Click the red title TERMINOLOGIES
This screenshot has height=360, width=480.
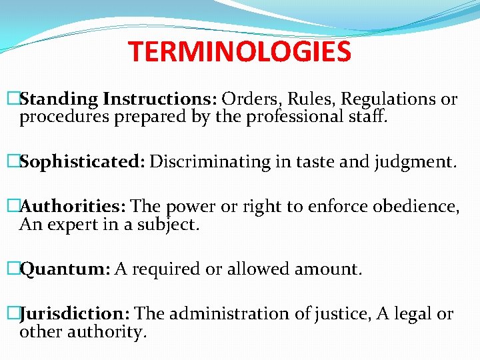(239, 52)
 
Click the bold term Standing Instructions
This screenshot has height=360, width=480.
(116, 100)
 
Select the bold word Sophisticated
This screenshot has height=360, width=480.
(82, 162)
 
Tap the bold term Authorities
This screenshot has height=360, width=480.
(74, 207)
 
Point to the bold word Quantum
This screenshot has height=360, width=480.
(65, 269)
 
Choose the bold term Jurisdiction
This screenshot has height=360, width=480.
(76, 314)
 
